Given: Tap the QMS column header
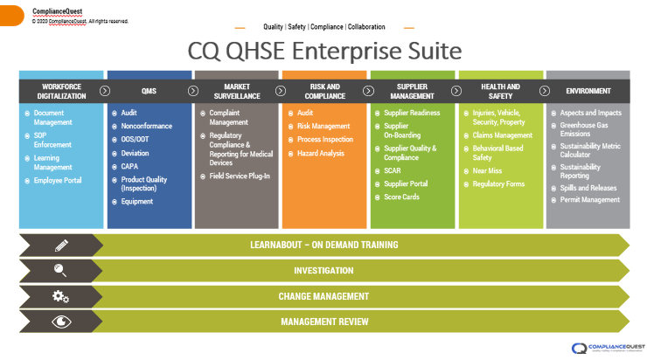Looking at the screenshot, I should click(149, 91).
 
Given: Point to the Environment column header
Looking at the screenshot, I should click(588, 91).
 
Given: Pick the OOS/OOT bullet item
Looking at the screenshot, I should click(135, 139).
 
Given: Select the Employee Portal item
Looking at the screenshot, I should click(59, 180).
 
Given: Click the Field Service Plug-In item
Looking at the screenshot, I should click(239, 176).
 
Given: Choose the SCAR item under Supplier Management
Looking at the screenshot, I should click(393, 170).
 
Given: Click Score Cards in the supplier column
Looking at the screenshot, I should click(402, 197).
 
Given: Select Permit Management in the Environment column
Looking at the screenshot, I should click(590, 200).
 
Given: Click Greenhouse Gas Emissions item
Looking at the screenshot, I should click(585, 129).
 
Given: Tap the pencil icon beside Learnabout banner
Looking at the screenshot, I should click(60, 246).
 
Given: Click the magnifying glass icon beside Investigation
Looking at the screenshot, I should click(60, 271).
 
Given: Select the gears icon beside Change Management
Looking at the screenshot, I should click(60, 296).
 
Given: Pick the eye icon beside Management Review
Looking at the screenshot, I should click(60, 322).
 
